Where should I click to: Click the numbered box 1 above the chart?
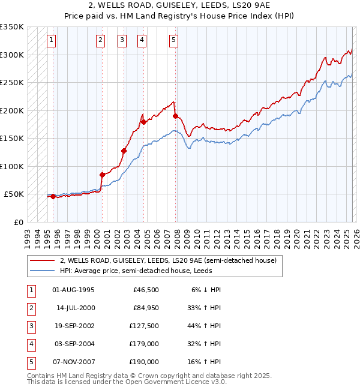tap(52, 40)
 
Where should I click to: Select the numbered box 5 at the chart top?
tap(173, 40)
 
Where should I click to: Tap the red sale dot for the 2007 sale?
tap(175, 116)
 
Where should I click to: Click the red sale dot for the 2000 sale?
tap(102, 175)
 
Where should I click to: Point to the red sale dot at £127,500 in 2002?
tap(124, 151)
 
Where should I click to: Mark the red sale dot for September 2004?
tap(143, 122)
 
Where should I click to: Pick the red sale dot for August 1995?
tap(53, 196)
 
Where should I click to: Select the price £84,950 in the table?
tap(145, 308)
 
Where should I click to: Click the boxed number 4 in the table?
tap(30, 344)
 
